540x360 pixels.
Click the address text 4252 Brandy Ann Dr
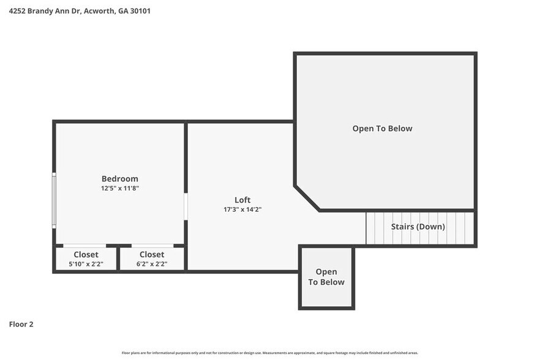tap(46, 10)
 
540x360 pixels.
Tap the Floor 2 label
tap(21, 324)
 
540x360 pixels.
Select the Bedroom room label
tap(119, 179)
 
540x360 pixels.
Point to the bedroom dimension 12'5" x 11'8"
tap(119, 189)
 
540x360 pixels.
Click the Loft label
tap(242, 200)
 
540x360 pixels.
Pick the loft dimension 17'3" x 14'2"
tap(242, 209)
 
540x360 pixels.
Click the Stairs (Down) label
tap(418, 227)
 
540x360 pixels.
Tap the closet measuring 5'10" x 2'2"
tap(86, 259)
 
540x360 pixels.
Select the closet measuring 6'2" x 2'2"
tap(152, 259)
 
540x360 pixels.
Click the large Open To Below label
tap(382, 129)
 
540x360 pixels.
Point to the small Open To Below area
tap(326, 277)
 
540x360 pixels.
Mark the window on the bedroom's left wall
tap(54, 200)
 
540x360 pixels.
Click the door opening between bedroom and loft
tap(186, 207)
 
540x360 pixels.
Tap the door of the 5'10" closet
tap(84, 246)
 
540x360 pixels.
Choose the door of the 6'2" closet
tap(152, 246)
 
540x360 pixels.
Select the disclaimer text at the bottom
tap(270, 353)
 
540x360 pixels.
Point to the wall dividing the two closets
tap(118, 258)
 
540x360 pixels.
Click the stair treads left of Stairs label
tap(377, 228)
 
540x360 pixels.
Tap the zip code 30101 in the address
tap(140, 10)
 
